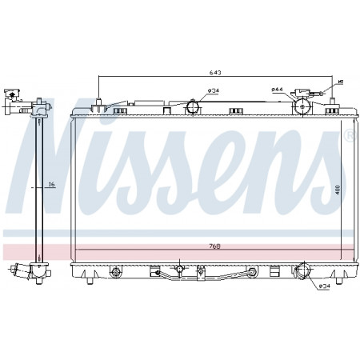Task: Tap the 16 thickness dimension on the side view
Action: (50, 185)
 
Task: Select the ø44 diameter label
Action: (277, 90)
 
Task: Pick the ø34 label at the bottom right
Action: (324, 286)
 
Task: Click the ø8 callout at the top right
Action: (339, 82)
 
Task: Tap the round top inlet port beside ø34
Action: (192, 107)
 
